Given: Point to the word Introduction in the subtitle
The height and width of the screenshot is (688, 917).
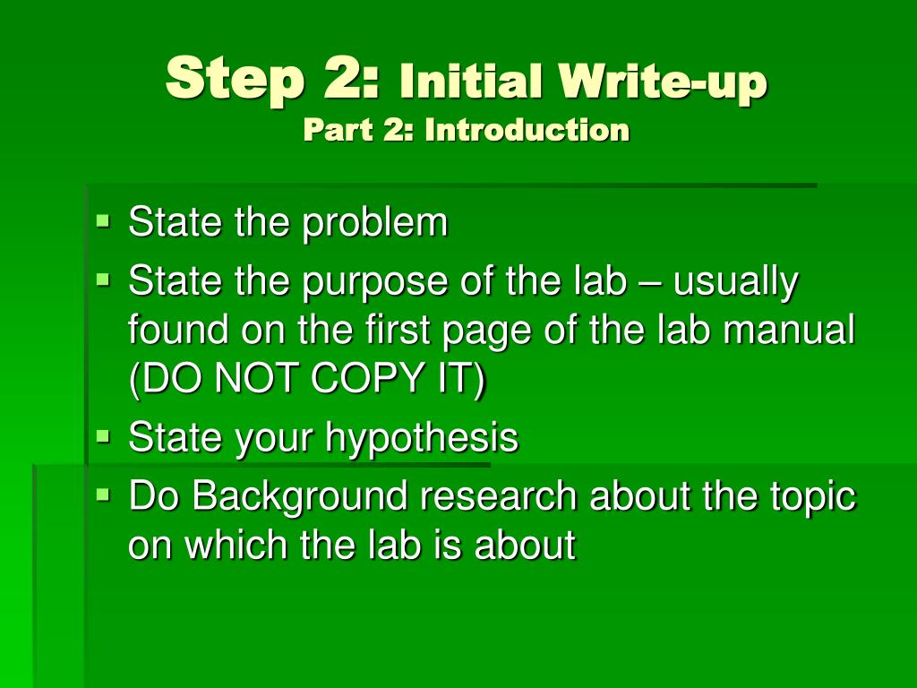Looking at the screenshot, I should [x=527, y=130].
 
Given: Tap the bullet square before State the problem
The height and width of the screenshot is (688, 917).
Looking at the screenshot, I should [x=103, y=218].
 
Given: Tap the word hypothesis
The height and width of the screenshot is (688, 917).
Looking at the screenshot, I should [x=421, y=438].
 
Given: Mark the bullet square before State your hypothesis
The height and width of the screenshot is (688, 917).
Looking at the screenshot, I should [x=103, y=435].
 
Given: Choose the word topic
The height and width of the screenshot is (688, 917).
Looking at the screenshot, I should [x=812, y=496].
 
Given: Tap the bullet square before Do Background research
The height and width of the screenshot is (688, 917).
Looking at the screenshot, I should [x=103, y=492].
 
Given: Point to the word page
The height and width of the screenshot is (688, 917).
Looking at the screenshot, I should [x=480, y=332].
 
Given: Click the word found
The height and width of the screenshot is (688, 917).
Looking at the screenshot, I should [x=176, y=331].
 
